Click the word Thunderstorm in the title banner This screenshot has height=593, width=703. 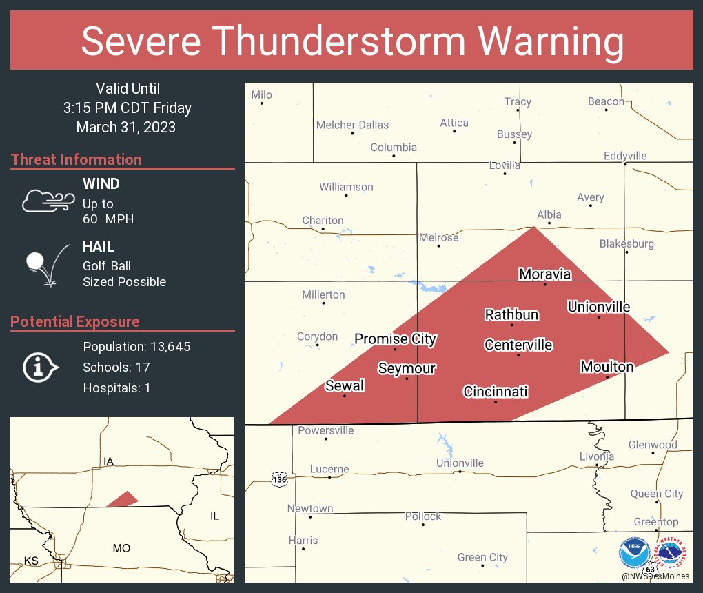pos(352,41)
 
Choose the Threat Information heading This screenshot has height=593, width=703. pos(77,159)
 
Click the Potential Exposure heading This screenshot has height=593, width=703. pos(75,321)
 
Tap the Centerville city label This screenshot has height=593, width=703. pos(518,345)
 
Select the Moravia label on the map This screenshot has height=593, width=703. pos(544,274)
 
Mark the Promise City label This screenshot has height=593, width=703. pos(395,339)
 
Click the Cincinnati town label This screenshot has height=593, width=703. pos(496,392)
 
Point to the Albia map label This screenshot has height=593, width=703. pos(549,214)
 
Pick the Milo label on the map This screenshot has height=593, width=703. pos(262,95)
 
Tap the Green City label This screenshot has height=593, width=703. pos(482,557)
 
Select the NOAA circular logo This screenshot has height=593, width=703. pos(634,552)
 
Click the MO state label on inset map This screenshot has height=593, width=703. pos(121,548)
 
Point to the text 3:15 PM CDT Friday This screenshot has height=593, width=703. pos(128,108)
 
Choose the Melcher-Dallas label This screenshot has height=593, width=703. pos(352,125)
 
